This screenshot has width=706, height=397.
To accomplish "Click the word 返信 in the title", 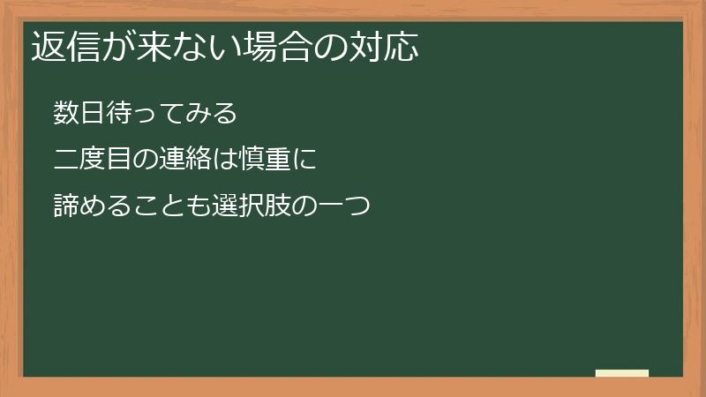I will pos(64,47).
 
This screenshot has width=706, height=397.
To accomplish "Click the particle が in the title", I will pos(112,47).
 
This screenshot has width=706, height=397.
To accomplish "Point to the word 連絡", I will pos(184,161).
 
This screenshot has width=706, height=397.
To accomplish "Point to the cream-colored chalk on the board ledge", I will pos(622,373).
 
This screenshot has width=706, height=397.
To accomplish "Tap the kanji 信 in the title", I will pos(79,47).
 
